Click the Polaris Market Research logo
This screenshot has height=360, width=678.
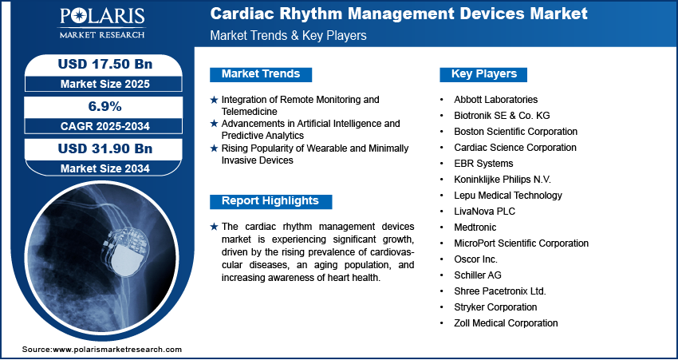tap(102, 23)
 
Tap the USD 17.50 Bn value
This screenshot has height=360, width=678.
tap(105, 65)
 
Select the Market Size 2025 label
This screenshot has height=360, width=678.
tap(105, 84)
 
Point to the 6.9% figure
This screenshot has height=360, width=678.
tap(104, 106)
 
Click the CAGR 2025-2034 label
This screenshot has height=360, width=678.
tap(105, 126)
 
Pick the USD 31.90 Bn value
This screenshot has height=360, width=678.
tap(105, 148)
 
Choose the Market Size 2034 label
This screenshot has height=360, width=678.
tap(105, 168)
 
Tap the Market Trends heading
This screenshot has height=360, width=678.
tap(261, 74)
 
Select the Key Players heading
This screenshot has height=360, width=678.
tap(484, 74)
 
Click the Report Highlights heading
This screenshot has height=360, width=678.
tap(270, 201)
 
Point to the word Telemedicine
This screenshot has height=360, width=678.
tap(250, 111)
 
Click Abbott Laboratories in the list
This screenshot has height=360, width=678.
tap(495, 100)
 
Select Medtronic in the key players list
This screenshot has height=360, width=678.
tap(475, 227)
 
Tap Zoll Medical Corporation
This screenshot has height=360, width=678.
tap(506, 323)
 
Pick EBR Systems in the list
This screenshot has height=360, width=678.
tap(483, 164)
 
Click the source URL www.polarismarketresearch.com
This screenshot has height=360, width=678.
tap(117, 350)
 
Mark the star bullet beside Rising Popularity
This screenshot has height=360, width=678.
tap(214, 148)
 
